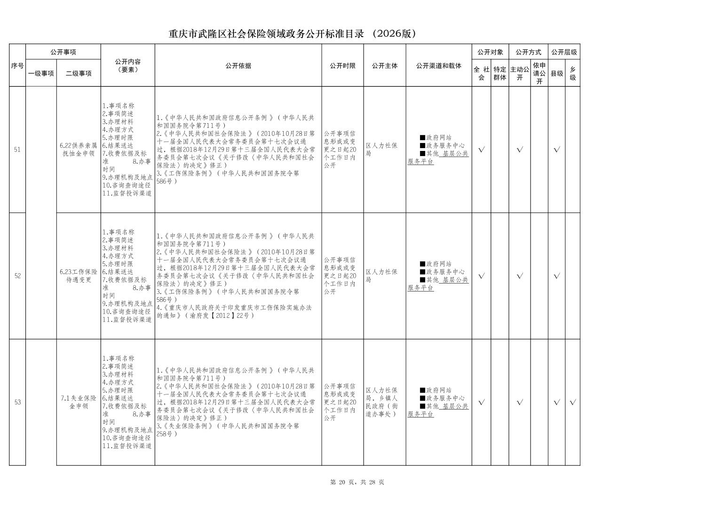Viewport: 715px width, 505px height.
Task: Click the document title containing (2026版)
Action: [x=293, y=34]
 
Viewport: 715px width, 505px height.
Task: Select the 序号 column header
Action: [x=17, y=66]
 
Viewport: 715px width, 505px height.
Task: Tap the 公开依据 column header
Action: [x=238, y=66]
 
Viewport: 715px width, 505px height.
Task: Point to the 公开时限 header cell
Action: [x=342, y=66]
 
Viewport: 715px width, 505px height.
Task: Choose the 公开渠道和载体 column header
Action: [x=438, y=66]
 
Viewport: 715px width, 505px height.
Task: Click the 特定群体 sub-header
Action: [x=500, y=73]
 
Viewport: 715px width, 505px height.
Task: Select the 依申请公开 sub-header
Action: [x=539, y=73]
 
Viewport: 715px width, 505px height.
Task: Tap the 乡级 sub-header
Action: [x=572, y=73]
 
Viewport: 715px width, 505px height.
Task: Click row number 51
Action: [x=17, y=150]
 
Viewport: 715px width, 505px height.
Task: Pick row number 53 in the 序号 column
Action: [x=17, y=402]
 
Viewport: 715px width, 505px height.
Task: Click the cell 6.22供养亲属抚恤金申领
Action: [x=79, y=150]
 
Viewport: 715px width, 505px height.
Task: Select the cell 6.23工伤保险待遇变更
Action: [x=79, y=276]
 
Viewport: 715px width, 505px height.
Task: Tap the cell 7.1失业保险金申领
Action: [x=79, y=402]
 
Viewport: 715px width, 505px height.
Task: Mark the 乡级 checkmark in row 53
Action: [x=572, y=402]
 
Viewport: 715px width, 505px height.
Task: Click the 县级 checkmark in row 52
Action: [x=557, y=276]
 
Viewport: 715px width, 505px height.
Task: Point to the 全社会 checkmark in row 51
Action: [x=481, y=150]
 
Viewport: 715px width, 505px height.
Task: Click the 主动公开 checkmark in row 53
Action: [x=520, y=402]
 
